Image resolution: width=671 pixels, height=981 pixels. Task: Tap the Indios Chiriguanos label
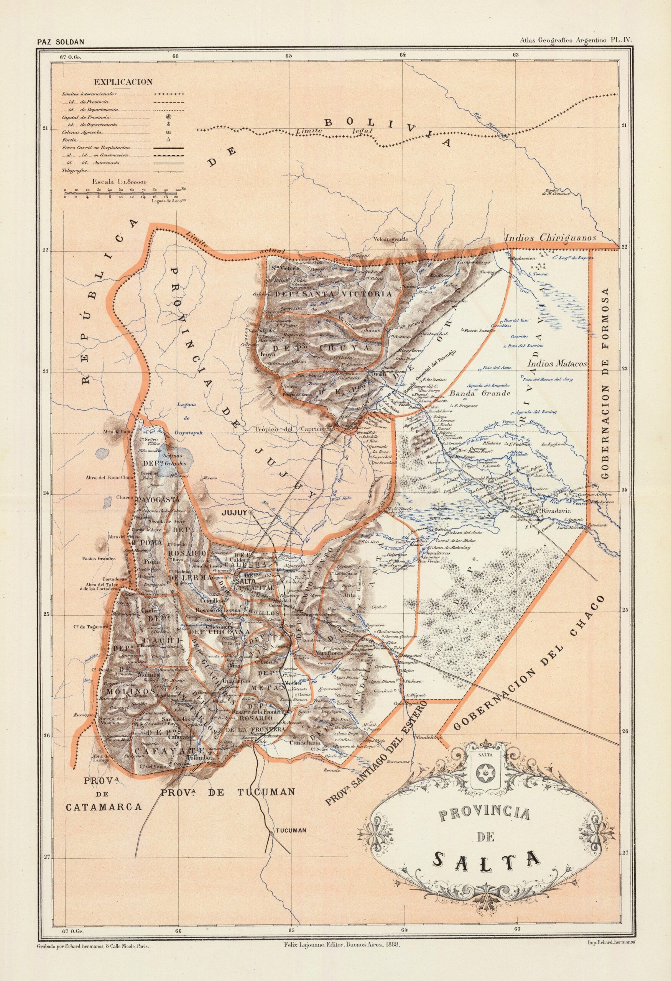point(550,238)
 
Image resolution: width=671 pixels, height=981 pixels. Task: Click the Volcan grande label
point(390,240)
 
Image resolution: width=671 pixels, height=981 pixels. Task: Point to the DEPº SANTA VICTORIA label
point(334,294)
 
